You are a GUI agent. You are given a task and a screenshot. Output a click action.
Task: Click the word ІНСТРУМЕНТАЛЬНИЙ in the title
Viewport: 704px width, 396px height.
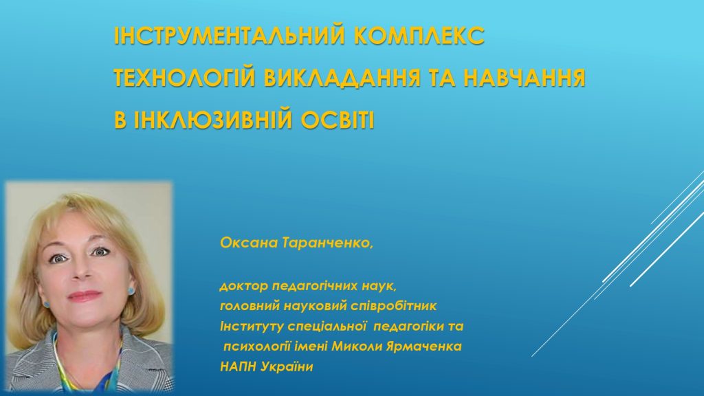pos(230,35)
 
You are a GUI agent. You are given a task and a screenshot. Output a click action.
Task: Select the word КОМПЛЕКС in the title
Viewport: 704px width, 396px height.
pos(419,35)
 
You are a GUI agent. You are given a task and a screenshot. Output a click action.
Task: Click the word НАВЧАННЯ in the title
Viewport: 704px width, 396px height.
pos(525,77)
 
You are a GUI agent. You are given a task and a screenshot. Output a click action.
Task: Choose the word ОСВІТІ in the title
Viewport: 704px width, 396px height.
pos(337,120)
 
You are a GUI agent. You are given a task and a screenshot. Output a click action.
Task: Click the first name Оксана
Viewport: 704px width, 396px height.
pos(249,243)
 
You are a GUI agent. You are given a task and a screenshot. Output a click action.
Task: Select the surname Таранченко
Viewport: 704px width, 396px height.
pos(328,243)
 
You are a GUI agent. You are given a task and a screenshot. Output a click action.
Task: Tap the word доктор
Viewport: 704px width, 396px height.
pos(244,286)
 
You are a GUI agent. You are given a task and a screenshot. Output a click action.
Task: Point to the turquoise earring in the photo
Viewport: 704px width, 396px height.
pos(130,290)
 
